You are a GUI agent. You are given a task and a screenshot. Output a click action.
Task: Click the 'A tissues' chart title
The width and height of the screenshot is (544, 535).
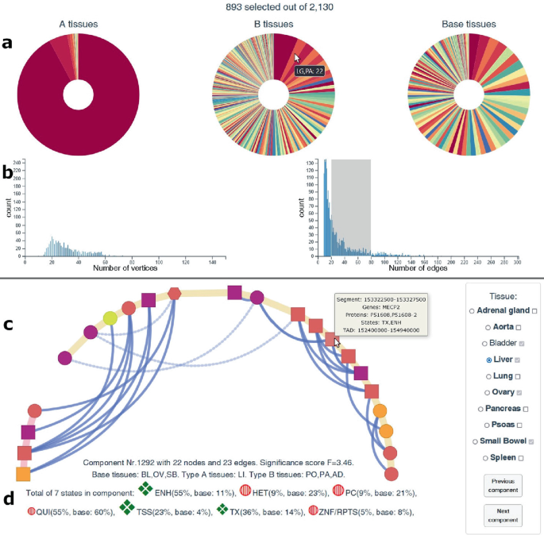78,25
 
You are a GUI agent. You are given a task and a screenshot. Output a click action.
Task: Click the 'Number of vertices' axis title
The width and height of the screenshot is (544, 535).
125,268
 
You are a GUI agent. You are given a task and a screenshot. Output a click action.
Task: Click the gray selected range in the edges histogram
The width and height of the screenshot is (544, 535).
351,206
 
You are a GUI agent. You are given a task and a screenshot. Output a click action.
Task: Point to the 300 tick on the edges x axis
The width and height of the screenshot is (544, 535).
517,261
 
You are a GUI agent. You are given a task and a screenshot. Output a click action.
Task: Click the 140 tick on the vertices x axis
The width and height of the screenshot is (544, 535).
213,261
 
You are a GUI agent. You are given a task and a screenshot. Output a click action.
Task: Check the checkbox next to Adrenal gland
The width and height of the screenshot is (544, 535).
534,310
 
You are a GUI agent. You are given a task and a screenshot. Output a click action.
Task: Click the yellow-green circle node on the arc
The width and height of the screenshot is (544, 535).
110,318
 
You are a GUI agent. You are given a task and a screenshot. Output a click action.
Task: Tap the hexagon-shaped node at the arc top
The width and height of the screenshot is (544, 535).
175,293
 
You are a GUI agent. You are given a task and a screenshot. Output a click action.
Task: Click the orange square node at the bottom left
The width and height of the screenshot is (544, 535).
23,474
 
